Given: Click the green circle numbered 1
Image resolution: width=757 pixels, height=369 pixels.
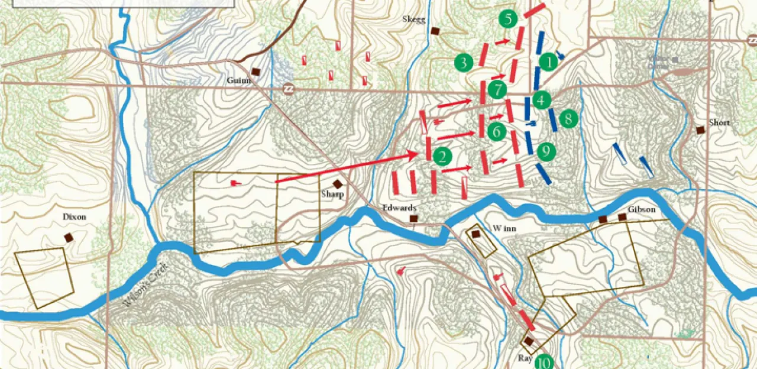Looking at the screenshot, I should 548,61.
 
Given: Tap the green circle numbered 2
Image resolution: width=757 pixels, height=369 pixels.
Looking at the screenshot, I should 442,156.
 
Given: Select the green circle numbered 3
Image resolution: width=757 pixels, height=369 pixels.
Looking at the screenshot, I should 464,62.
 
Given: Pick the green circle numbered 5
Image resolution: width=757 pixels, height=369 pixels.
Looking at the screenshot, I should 507,19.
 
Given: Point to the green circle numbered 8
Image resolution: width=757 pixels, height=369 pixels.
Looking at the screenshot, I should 568,119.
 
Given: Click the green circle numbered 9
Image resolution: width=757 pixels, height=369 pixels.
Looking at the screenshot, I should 546,151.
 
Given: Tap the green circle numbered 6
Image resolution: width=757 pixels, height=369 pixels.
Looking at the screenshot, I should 497,131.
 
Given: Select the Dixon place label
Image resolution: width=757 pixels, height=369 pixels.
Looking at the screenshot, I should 75,217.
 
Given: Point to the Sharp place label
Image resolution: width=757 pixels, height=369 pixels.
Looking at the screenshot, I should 332,194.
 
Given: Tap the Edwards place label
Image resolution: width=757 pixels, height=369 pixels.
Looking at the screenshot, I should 399,208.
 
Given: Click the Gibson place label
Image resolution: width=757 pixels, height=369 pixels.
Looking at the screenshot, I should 641,209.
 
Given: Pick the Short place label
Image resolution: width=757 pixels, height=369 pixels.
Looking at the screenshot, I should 719,123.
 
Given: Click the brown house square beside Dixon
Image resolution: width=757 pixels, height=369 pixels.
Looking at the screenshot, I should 69,237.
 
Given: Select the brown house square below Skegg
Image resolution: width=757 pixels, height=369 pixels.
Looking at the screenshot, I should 435,31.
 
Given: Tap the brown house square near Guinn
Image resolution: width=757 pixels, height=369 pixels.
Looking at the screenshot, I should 255,72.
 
